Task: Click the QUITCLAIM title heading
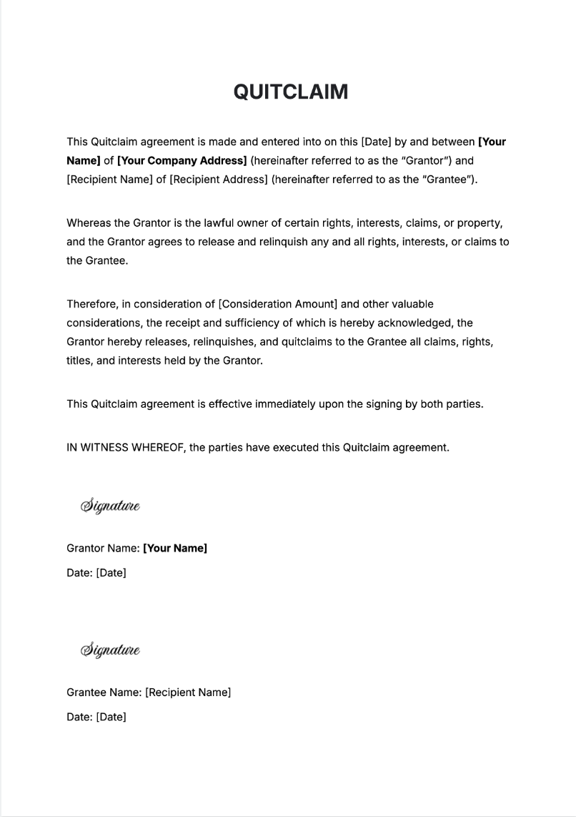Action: pos(290,92)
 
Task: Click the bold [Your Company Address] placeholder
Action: pos(182,161)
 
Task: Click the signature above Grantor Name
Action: pos(110,506)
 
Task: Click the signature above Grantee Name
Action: pos(110,650)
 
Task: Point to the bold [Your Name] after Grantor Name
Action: pos(175,549)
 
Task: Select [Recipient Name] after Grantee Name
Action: pos(188,693)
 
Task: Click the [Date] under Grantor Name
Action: pos(111,573)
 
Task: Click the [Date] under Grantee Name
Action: pos(111,717)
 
